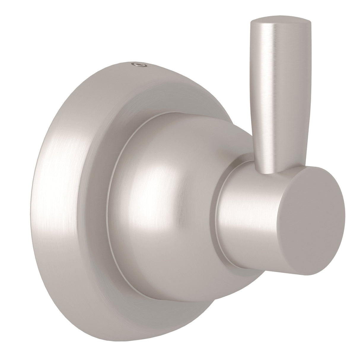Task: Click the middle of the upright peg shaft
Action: click(268, 98)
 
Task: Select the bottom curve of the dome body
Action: click(178, 294)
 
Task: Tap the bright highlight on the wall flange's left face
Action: click(59, 208)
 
